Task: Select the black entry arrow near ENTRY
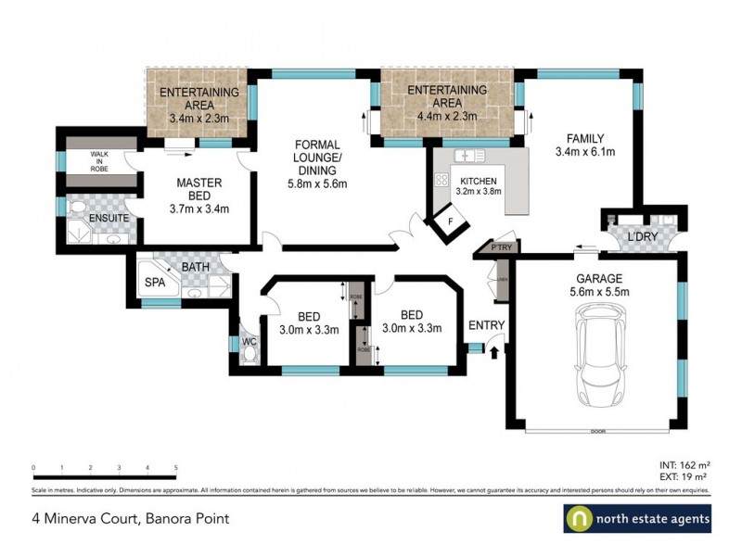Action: [x=493, y=351]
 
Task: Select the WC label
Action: [x=249, y=342]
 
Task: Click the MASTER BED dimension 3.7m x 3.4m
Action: [x=198, y=208]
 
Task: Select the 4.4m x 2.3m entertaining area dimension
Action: [x=448, y=117]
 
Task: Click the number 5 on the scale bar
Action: [x=176, y=468]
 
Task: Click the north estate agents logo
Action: [x=637, y=519]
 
